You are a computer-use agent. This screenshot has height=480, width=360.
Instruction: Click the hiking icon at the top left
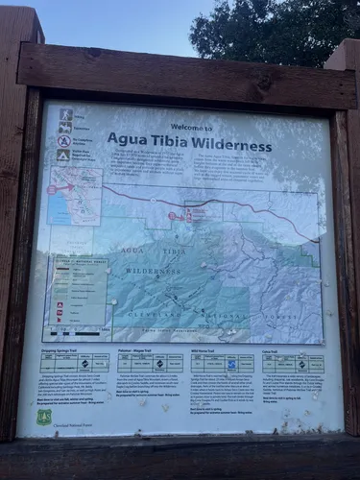(65, 114)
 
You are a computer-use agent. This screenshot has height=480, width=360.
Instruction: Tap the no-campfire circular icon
(63, 140)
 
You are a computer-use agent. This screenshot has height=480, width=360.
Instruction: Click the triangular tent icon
(62, 155)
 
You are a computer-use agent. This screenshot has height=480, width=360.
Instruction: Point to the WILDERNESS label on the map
(154, 272)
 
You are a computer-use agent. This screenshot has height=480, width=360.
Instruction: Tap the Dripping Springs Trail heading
(63, 351)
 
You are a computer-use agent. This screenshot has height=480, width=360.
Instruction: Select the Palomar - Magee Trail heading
(139, 351)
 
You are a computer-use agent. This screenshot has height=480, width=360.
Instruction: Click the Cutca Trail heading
(272, 351)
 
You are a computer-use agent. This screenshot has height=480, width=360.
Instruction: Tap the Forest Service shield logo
(44, 417)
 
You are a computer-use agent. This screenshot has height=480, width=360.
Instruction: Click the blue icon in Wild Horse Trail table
(231, 363)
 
